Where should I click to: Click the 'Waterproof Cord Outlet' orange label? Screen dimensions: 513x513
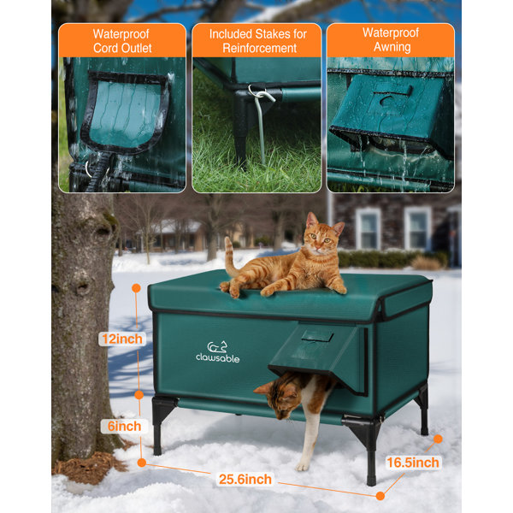tap(121, 40)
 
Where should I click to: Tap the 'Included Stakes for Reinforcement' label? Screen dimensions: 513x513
tap(256, 40)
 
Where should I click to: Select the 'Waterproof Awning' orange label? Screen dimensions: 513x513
tap(390, 40)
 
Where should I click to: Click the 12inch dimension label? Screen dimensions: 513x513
tap(121, 339)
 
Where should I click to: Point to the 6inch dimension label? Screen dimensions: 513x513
tap(121, 425)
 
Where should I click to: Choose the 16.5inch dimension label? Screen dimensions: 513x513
tap(413, 463)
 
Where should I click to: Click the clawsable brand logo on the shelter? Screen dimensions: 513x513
tap(217, 351)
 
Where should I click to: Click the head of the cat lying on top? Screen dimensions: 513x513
tap(324, 241)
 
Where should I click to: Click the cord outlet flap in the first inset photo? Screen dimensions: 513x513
tap(126, 113)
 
